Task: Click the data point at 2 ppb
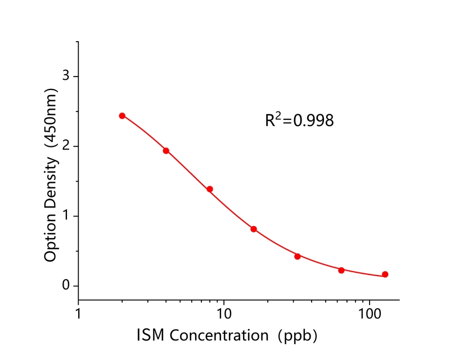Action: pyautogui.click(x=122, y=116)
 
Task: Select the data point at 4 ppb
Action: pyautogui.click(x=166, y=151)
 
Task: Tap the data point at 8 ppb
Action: pyautogui.click(x=210, y=189)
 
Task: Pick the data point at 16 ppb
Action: pyautogui.click(x=254, y=229)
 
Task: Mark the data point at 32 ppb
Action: pyautogui.click(x=298, y=256)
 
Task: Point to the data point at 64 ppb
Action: pyautogui.click(x=341, y=270)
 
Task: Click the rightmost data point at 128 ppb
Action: pyautogui.click(x=385, y=274)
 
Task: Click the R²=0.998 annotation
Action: pyautogui.click(x=299, y=120)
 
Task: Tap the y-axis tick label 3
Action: pyautogui.click(x=66, y=76)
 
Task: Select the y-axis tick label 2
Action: pyautogui.click(x=66, y=146)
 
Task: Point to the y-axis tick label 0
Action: pyautogui.click(x=66, y=286)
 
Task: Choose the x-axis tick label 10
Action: pyautogui.click(x=224, y=312)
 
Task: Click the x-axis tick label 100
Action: pyautogui.click(x=370, y=312)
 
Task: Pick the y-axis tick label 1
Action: pyautogui.click(x=66, y=216)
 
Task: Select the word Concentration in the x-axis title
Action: pyautogui.click(x=219, y=336)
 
